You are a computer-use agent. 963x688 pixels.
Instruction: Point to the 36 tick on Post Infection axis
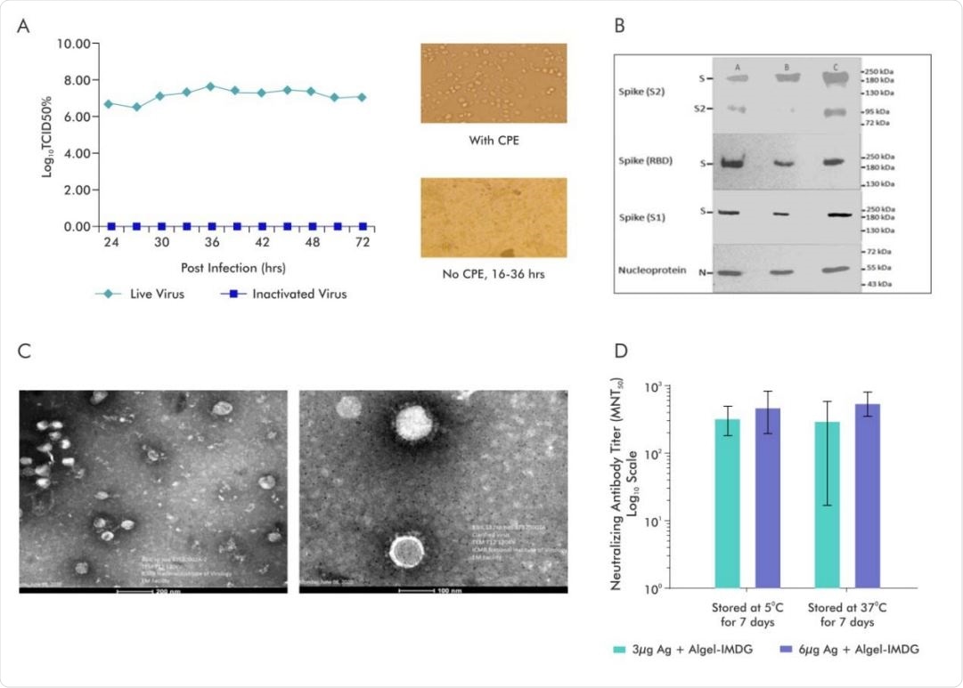pyautogui.click(x=211, y=241)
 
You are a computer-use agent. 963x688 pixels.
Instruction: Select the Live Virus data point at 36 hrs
pyautogui.click(x=211, y=86)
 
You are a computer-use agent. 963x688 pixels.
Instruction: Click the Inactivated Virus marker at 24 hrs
pyautogui.click(x=110, y=226)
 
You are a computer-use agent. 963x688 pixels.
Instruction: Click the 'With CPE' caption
pyautogui.click(x=493, y=139)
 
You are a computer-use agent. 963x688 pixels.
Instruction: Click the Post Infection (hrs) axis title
pyautogui.click(x=211, y=265)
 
